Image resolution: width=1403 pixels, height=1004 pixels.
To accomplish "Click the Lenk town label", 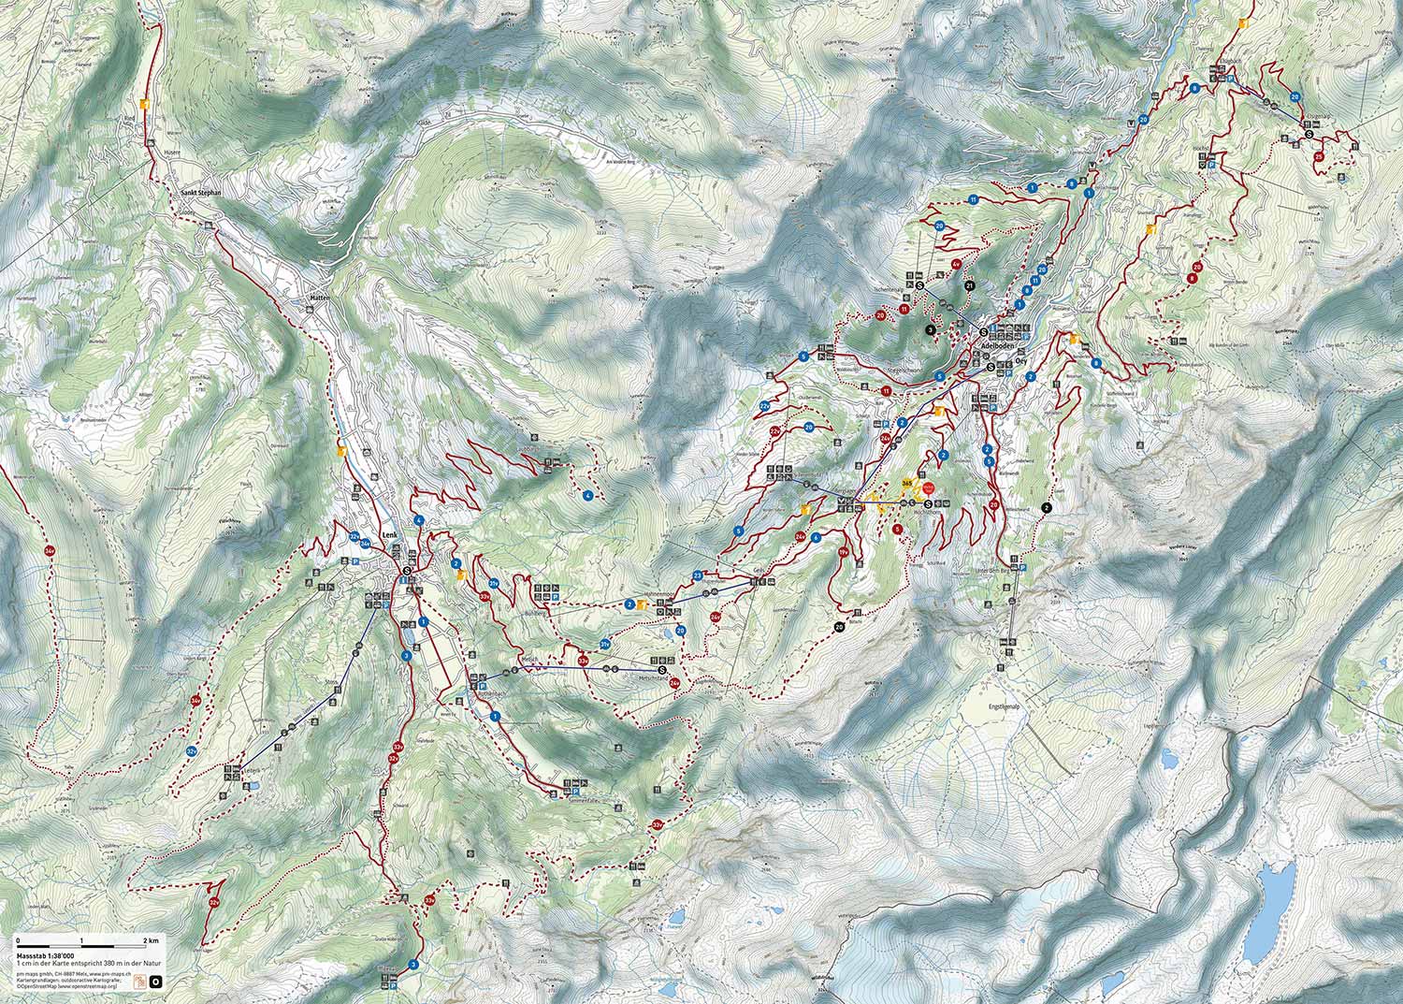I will [x=389, y=535].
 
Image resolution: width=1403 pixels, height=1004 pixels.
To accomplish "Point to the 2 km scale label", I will [x=151, y=939].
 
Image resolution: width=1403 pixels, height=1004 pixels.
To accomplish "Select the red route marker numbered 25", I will [x=1318, y=157].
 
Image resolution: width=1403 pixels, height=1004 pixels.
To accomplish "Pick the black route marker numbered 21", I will [x=970, y=285].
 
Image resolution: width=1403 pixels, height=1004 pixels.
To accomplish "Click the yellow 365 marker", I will [x=907, y=481].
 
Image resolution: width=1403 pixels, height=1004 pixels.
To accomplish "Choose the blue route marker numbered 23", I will [x=698, y=575].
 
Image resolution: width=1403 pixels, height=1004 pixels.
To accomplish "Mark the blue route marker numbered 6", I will [x=817, y=537].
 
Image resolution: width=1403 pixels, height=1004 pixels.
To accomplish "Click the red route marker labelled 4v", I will [x=956, y=265].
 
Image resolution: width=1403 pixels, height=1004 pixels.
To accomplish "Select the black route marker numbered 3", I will [x=931, y=329].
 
